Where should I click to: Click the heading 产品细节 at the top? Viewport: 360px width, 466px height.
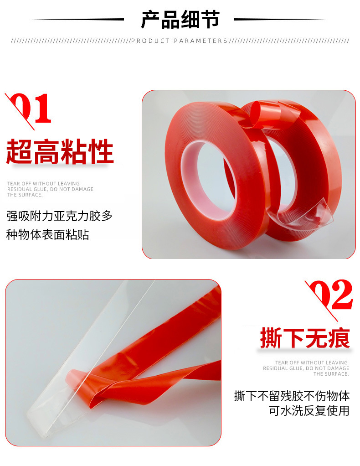(180, 20)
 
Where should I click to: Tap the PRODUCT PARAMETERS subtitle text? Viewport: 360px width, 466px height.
(179, 41)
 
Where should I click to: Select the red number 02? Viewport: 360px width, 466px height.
(331, 296)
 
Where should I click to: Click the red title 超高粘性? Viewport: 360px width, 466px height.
(60, 153)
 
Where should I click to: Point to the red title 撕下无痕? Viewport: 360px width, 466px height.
(304, 339)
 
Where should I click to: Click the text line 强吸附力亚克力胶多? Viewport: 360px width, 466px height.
(59, 216)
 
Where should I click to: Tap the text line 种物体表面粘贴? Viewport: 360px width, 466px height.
(47, 235)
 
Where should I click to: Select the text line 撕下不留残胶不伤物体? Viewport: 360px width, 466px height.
(292, 396)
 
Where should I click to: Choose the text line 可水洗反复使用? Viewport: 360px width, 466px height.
(309, 411)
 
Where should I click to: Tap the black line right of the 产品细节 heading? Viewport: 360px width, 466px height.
(280, 20)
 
